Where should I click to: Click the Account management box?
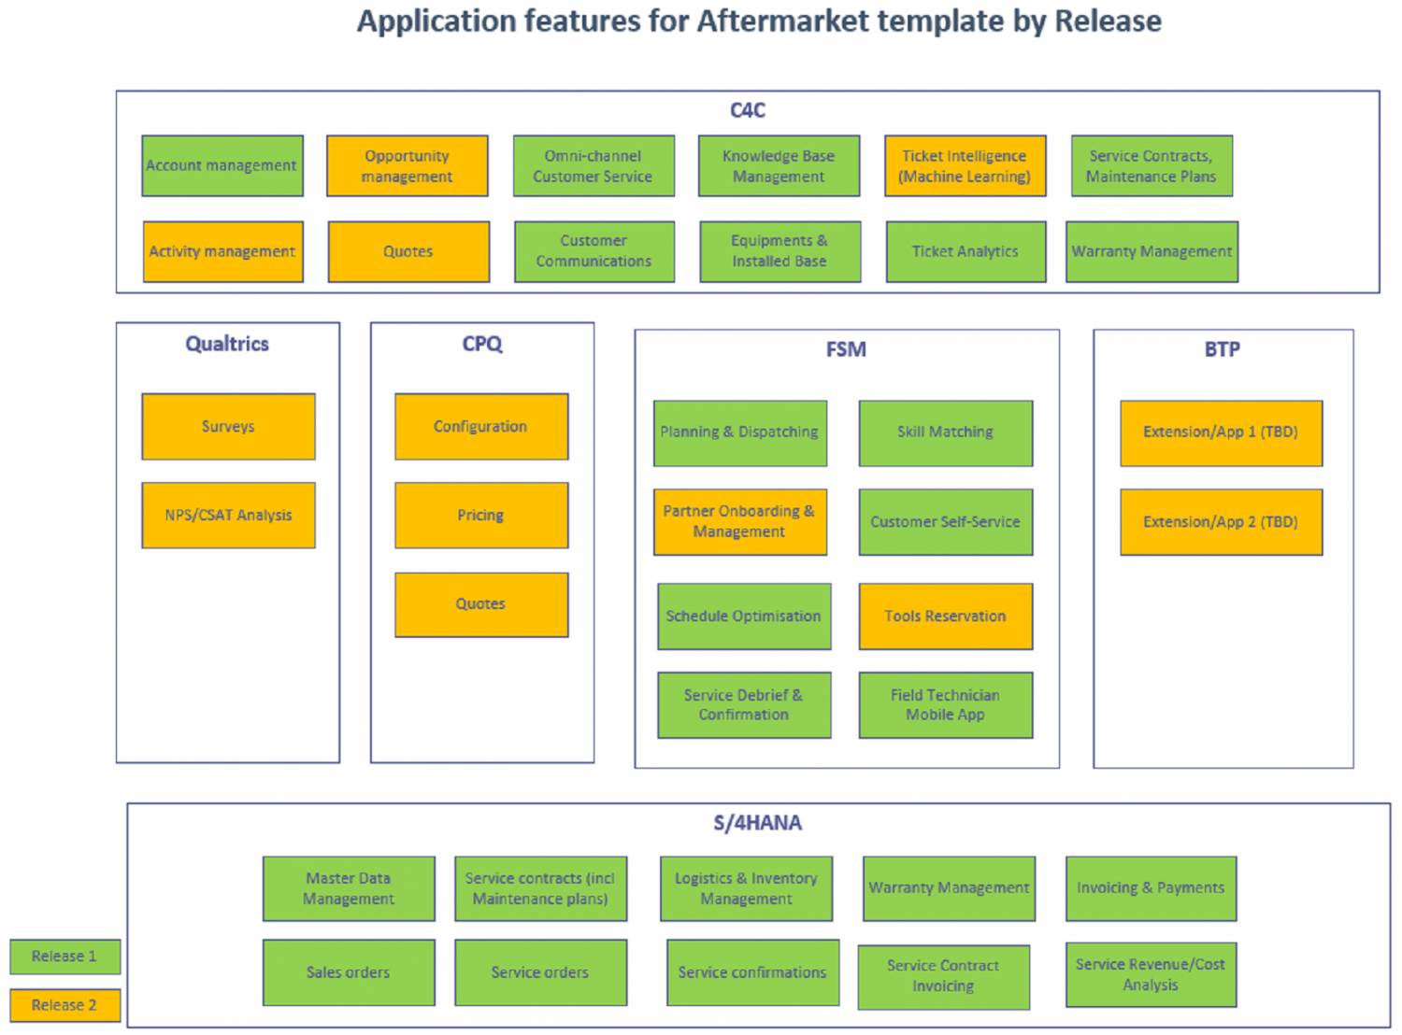click(222, 165)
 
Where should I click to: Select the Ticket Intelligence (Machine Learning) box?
click(965, 165)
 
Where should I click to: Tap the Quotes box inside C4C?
click(408, 251)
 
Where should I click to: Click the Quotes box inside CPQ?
click(480, 604)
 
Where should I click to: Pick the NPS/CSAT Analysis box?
click(228, 515)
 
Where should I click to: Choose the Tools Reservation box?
click(945, 616)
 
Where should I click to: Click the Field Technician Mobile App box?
click(945, 704)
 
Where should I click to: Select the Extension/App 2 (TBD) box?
click(1221, 521)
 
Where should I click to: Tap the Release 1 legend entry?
click(64, 956)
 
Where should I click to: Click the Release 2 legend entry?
click(64, 1005)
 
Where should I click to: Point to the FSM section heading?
click(846, 349)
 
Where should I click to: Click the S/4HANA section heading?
click(757, 823)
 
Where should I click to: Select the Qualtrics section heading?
click(227, 344)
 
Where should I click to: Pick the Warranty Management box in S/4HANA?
click(949, 887)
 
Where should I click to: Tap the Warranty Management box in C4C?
click(1152, 251)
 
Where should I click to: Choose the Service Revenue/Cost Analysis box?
click(1150, 974)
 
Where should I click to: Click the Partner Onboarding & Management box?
click(739, 521)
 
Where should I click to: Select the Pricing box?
click(480, 515)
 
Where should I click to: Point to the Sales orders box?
click(348, 972)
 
